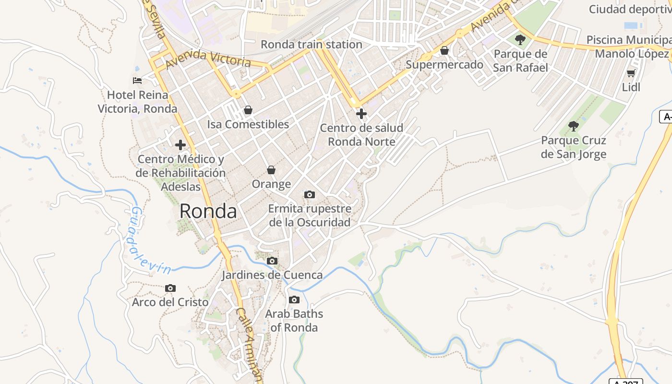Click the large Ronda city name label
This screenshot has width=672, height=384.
coord(208,211)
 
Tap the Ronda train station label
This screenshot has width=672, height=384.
coord(312,45)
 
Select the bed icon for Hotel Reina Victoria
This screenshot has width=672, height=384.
coord(137,80)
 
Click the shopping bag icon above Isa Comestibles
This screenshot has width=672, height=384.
coord(248,110)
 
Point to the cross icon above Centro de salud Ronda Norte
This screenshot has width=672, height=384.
coord(361,114)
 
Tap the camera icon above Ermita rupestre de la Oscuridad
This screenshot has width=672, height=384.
coord(310,194)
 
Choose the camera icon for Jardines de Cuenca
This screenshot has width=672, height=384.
coord(272,261)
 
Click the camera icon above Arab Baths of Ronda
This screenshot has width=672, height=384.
coord(294,300)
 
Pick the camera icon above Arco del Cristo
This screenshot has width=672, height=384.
coord(170,288)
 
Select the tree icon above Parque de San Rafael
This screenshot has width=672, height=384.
coord(520,40)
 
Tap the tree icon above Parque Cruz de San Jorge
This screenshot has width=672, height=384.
coord(573,126)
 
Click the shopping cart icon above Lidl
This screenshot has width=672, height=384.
coord(631,73)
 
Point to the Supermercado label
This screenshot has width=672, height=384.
coord(444,64)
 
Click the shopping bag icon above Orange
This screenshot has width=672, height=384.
coord(271,170)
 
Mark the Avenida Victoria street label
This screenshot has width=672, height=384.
coord(209,59)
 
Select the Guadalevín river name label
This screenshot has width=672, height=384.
coord(148,240)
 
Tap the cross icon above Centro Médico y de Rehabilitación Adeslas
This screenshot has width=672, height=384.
coord(180,145)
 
